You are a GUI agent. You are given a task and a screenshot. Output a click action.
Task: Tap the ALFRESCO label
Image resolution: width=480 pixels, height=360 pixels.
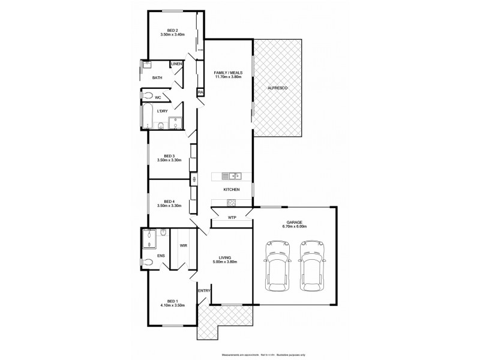pos(279,88)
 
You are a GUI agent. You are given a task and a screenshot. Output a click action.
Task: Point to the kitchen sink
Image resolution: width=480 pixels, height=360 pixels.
pos(232,176)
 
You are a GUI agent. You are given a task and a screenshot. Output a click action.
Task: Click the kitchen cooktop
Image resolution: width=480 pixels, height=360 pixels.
pos(232,202)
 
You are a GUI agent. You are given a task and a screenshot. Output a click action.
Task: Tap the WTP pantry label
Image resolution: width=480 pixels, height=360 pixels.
pos(232,217)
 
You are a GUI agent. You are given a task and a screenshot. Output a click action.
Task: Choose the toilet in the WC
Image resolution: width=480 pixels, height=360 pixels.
pos(148,96)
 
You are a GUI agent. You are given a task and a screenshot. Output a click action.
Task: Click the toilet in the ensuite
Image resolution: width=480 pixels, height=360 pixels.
pos(148,262)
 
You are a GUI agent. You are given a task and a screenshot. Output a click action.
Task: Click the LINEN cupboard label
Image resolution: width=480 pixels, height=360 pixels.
pos(176,64)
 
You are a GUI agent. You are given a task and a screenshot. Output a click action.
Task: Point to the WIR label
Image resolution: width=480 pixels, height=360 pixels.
pos(183,245)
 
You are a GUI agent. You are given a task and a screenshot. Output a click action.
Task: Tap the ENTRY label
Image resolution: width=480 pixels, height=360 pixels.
pos(204,291)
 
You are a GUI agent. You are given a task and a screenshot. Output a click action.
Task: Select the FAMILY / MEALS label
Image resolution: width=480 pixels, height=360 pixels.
pos(227,73)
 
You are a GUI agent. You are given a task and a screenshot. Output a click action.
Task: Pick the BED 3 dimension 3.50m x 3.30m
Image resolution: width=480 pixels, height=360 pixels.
pos(169,160)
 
